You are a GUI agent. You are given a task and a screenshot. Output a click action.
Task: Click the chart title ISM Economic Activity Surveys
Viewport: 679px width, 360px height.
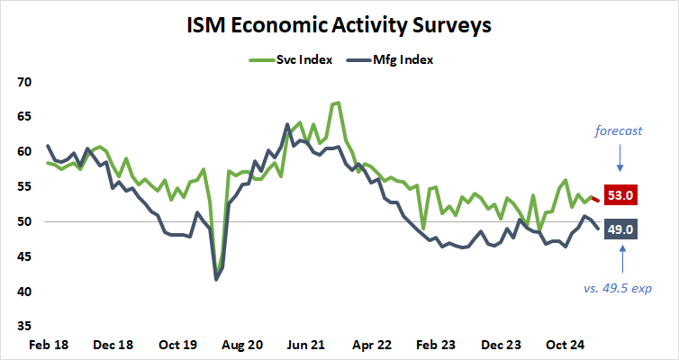(339, 24)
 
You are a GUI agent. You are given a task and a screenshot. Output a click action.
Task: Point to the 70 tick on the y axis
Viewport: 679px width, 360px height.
(24, 82)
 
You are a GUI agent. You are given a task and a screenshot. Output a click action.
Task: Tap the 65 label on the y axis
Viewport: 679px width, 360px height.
(24, 117)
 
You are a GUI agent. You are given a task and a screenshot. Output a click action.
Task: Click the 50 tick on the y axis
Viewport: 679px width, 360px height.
(24, 222)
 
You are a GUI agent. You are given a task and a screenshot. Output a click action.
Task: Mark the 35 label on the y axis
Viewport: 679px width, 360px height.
(24, 327)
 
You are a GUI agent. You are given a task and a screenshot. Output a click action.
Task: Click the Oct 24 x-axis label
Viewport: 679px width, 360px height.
(568, 345)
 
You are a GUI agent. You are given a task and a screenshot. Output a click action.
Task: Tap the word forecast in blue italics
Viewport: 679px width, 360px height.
(619, 130)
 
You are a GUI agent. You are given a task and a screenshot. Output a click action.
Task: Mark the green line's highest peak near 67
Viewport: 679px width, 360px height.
(337, 103)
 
